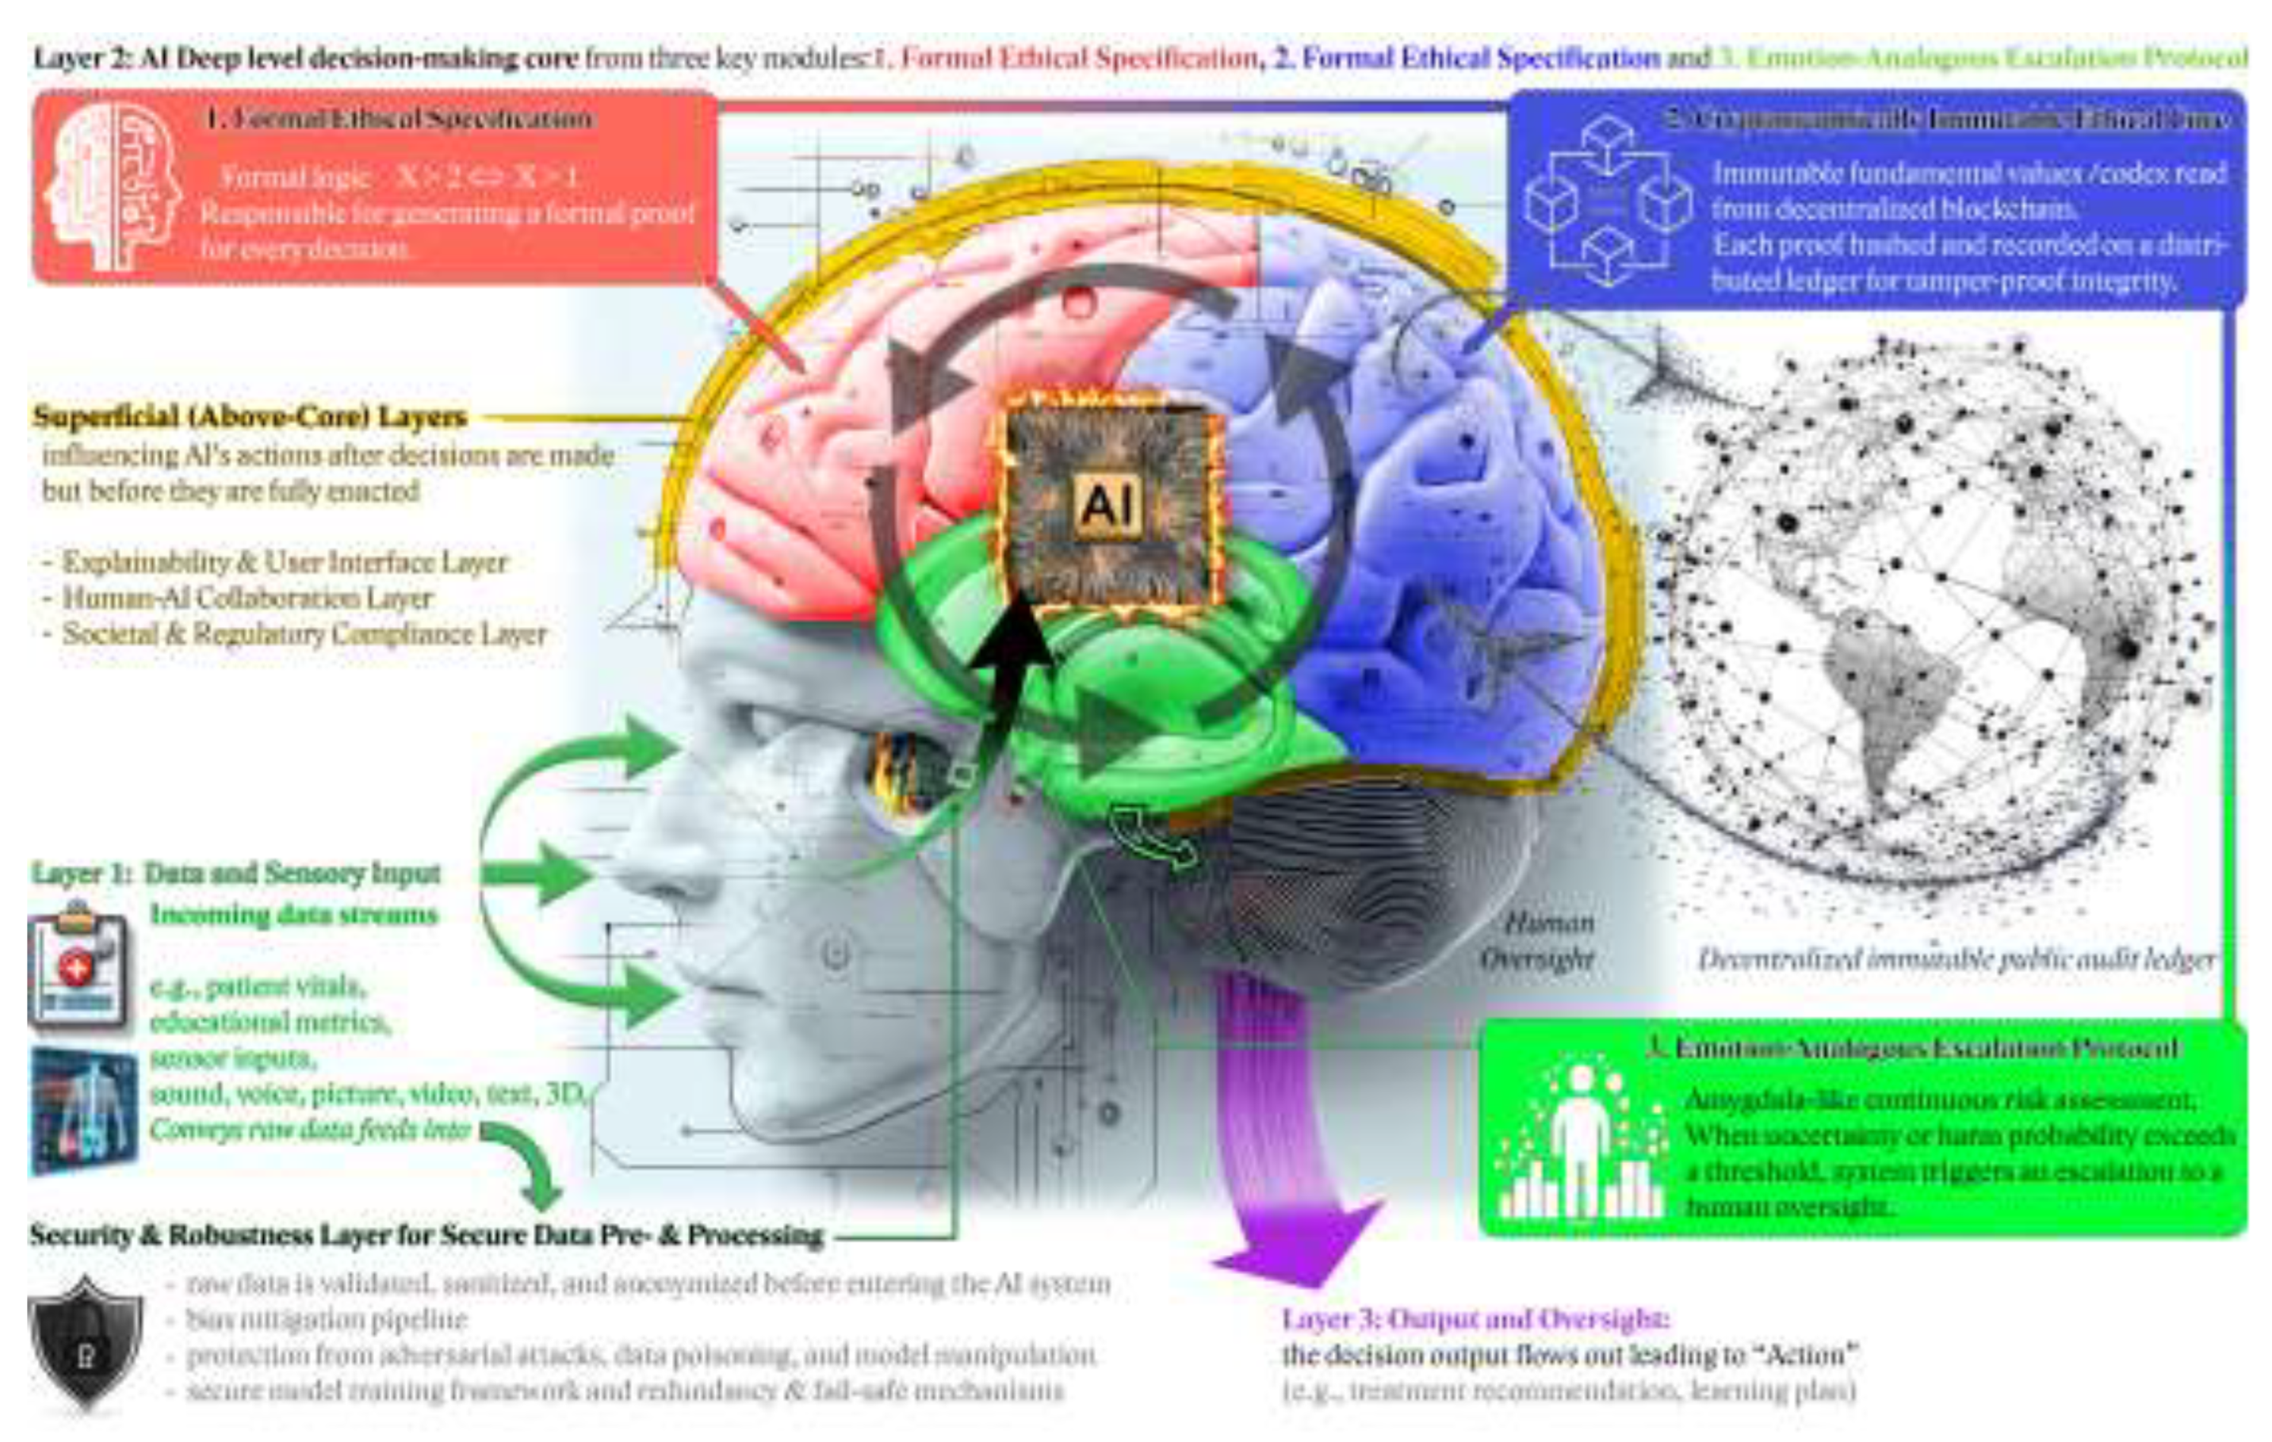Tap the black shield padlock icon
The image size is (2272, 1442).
[85, 1340]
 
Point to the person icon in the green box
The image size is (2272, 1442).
[1582, 1142]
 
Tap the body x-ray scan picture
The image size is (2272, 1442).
[83, 1109]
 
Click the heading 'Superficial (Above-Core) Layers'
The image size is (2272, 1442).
[250, 416]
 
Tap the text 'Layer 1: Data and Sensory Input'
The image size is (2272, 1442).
[236, 873]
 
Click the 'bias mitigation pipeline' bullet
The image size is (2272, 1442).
[327, 1318]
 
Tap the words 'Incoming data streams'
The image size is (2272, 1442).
[293, 915]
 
